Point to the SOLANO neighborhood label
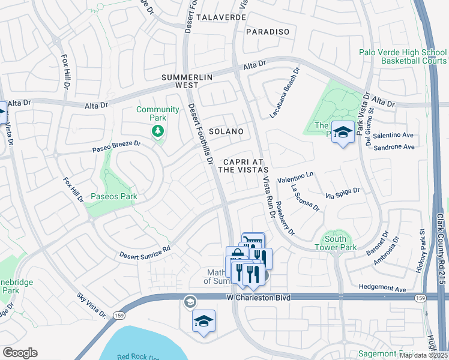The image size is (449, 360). pyautogui.click(x=226, y=131)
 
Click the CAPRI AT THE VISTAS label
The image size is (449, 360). pyautogui.click(x=242, y=166)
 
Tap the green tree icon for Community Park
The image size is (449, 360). pyautogui.click(x=158, y=130)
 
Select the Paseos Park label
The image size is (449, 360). pyautogui.click(x=113, y=196)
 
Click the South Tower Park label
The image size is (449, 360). pyautogui.click(x=336, y=243)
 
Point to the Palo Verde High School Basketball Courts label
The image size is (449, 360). pyautogui.click(x=403, y=56)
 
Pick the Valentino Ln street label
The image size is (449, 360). pyautogui.click(x=295, y=177)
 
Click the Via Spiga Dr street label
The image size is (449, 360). pyautogui.click(x=342, y=193)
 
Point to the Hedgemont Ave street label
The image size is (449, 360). pyautogui.click(x=383, y=289)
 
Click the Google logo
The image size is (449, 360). pyautogui.click(x=20, y=353)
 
